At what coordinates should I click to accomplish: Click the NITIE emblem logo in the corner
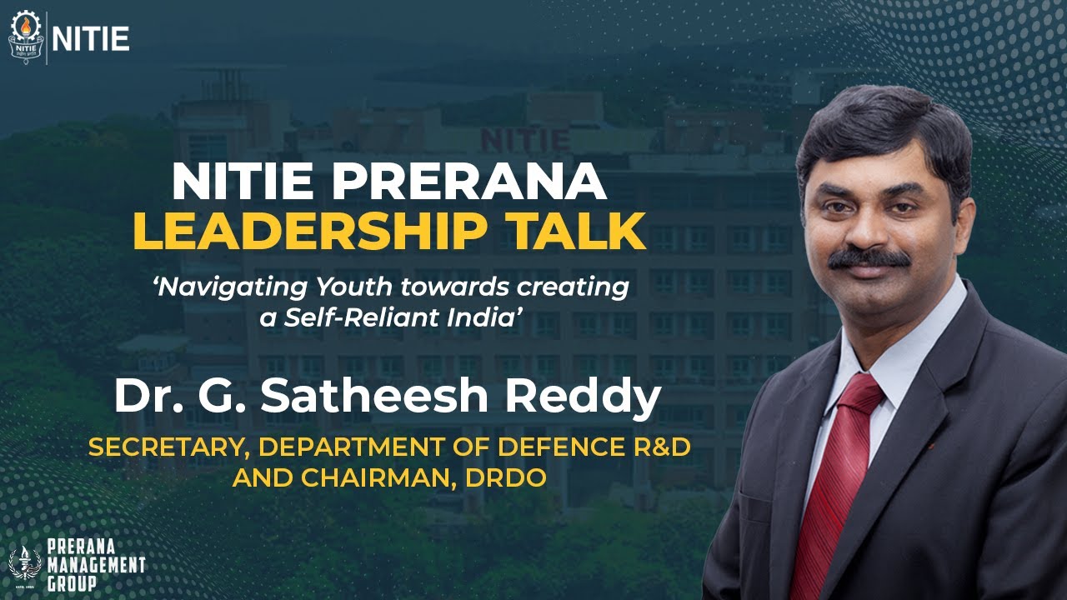26,37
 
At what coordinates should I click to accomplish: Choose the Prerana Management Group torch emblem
23,565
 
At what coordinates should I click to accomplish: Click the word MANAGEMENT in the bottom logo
95,566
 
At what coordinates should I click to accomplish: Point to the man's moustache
869,257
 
